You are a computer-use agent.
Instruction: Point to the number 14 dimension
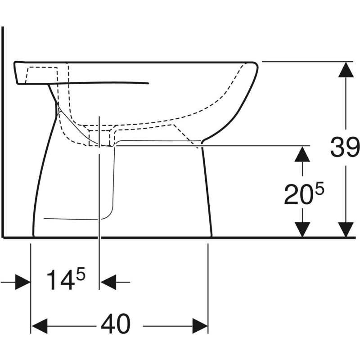tap(61, 280)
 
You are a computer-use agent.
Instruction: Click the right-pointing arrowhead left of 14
tap(22, 283)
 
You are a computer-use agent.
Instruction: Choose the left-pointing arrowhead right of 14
tap(108, 283)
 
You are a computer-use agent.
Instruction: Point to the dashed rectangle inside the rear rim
tap(43, 74)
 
